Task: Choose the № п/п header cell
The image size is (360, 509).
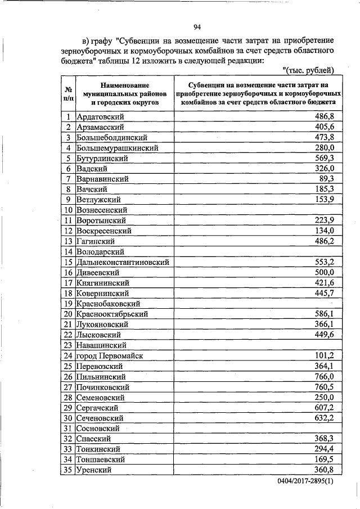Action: click(x=67, y=93)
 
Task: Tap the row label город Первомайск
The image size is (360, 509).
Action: click(x=110, y=355)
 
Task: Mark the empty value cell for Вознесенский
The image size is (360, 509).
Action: click(x=258, y=210)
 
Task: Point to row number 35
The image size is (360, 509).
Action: click(x=67, y=470)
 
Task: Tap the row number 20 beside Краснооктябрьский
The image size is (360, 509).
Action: click(x=67, y=314)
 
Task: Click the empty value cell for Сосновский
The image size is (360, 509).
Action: click(x=258, y=428)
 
